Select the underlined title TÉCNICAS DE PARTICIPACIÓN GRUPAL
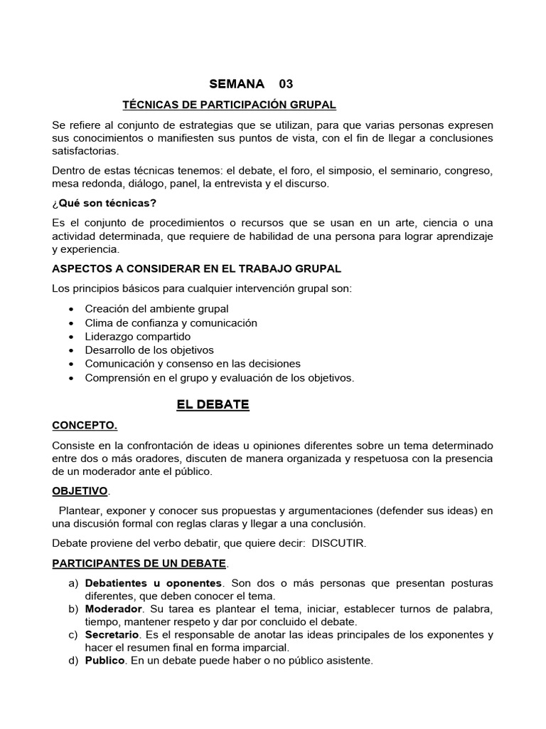coord(230,105)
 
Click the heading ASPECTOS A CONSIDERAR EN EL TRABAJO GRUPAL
coord(197,268)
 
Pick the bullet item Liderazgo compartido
coord(137,336)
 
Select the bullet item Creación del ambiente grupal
coord(156,309)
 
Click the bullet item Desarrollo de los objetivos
coord(149,350)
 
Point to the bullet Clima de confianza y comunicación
coord(171,322)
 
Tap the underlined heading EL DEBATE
coord(213,404)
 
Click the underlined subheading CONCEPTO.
coord(85,426)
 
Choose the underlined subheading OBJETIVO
coord(80,491)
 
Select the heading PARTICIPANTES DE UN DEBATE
coord(139,564)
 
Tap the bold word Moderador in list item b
coord(114,609)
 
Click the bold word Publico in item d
coord(105,661)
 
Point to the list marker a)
coord(73,583)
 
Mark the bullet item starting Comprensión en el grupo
coord(219,377)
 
